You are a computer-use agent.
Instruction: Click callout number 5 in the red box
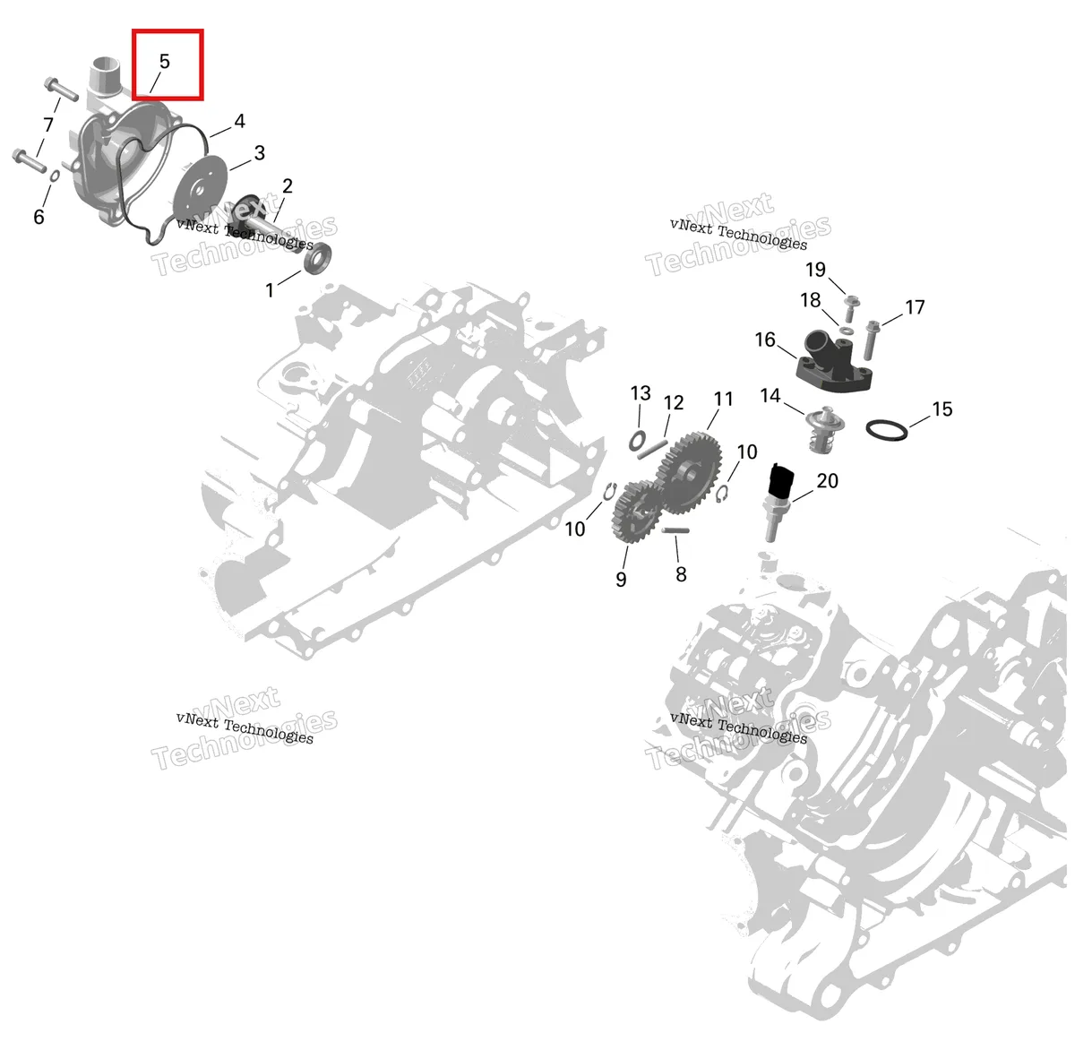(x=164, y=61)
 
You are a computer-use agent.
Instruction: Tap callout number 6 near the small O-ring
(x=39, y=217)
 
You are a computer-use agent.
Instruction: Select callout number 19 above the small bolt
(x=815, y=270)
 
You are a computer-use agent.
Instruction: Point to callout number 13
(x=641, y=393)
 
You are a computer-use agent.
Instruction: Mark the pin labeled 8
(x=675, y=530)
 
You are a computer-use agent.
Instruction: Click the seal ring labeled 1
(x=319, y=260)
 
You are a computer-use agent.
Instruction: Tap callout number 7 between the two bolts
(x=48, y=125)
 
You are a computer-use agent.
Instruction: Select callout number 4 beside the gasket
(x=239, y=122)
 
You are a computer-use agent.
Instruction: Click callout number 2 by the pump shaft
(x=288, y=186)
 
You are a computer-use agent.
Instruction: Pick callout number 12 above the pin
(x=674, y=402)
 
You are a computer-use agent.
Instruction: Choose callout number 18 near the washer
(x=811, y=300)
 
